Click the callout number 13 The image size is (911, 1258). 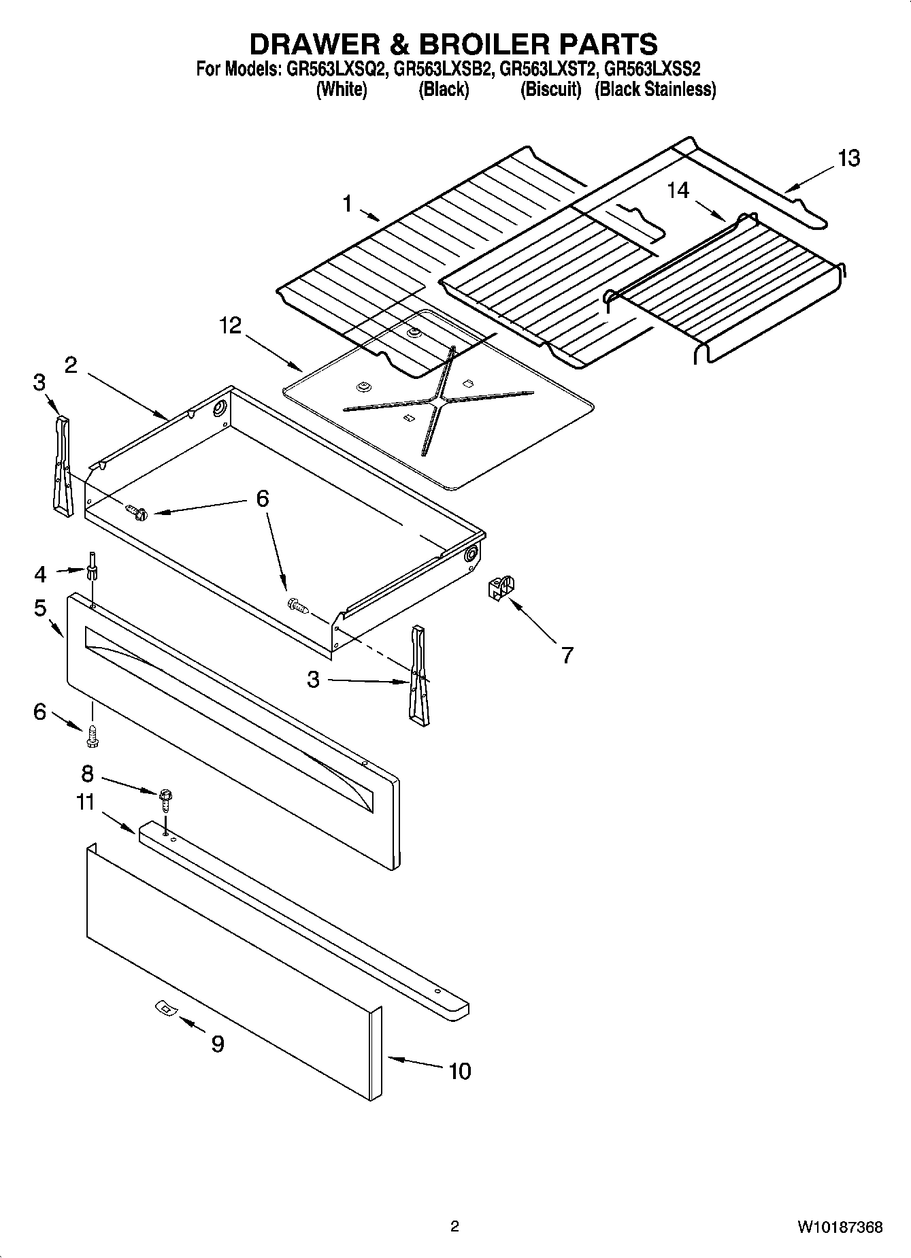[848, 159]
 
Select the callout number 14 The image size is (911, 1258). [678, 191]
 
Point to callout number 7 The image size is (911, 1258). [567, 655]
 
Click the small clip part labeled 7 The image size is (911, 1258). [501, 587]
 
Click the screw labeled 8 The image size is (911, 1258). [164, 797]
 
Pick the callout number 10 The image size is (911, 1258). [460, 1072]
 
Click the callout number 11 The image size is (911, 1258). [85, 803]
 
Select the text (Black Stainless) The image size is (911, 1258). [655, 90]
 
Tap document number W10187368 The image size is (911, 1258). [840, 1227]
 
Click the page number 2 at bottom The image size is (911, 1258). [454, 1227]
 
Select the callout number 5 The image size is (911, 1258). [40, 608]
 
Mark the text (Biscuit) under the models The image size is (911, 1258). [550, 90]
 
